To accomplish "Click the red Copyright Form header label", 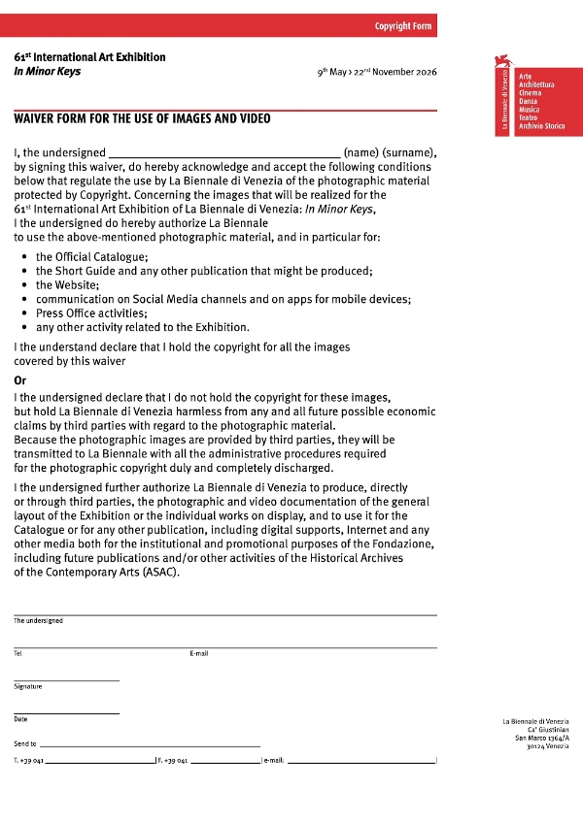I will pyautogui.click(x=402, y=25).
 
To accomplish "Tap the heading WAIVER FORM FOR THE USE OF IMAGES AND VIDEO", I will pyautogui.click(x=142, y=119).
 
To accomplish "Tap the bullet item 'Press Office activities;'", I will pyautogui.click(x=91, y=313).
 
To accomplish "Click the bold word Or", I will pyautogui.click(x=20, y=380).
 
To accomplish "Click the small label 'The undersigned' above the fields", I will pyautogui.click(x=38, y=621).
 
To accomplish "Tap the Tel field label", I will pyautogui.click(x=17, y=653).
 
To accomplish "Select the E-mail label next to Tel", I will pyautogui.click(x=199, y=653).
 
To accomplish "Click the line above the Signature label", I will pyautogui.click(x=66, y=679).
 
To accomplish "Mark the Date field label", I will pyautogui.click(x=20, y=719).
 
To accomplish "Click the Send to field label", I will pyautogui.click(x=25, y=743).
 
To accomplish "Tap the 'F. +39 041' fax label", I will pyautogui.click(x=173, y=760).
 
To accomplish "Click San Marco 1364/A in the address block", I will pyautogui.click(x=542, y=739).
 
